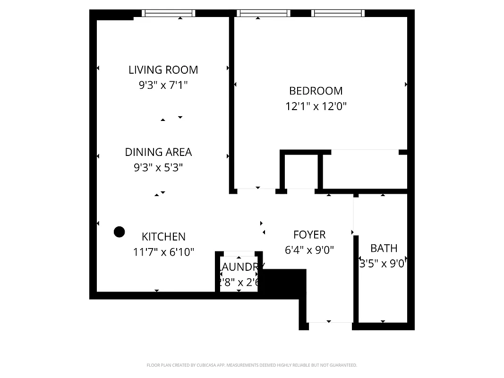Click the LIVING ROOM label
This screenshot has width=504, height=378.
click(163, 70)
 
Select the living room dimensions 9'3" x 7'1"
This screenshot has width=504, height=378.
click(163, 86)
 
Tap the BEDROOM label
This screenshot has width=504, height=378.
click(316, 91)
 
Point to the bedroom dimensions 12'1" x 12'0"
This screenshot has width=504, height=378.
click(316, 106)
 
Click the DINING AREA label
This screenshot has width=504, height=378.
click(158, 152)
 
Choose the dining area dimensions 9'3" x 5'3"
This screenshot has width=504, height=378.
click(158, 167)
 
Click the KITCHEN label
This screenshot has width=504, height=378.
click(163, 237)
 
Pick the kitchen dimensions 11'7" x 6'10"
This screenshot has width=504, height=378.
click(163, 252)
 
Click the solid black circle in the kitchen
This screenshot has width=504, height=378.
click(120, 232)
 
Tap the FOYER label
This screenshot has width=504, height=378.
click(309, 235)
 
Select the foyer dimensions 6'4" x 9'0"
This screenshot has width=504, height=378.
click(309, 250)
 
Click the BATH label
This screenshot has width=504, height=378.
click(384, 248)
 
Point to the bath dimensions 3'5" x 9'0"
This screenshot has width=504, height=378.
click(383, 264)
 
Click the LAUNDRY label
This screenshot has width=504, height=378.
click(241, 267)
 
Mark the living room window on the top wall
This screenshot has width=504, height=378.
click(169, 13)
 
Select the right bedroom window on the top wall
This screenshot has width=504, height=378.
click(339, 13)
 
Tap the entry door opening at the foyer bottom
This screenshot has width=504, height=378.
click(330, 322)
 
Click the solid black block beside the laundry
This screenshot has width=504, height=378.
click(283, 283)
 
